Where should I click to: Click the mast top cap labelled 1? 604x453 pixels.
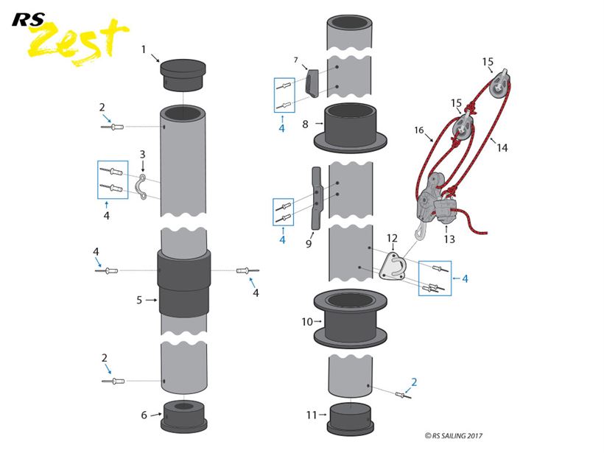183,74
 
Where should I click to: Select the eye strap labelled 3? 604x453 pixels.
141,187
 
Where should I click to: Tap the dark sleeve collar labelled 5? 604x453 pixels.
183,283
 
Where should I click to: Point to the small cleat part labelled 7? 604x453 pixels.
312,82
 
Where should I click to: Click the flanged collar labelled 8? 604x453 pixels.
350,127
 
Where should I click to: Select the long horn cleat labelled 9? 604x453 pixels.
316,198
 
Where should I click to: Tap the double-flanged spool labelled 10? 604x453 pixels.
350,320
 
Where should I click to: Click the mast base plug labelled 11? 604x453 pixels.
350,418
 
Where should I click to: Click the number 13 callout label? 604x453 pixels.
449,239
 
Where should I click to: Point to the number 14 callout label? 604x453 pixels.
502,147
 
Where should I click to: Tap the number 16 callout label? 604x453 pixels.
419,130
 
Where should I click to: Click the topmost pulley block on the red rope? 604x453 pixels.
500,84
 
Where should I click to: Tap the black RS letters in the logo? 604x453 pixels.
28,20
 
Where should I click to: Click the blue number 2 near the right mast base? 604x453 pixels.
414,382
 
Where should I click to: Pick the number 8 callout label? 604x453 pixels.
305,124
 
